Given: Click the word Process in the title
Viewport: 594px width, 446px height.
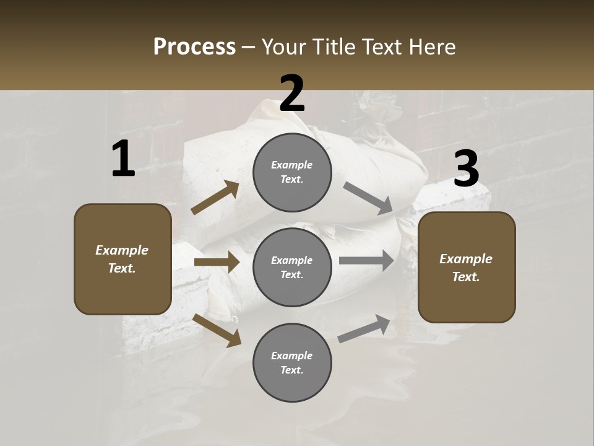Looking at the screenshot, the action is click(x=194, y=47).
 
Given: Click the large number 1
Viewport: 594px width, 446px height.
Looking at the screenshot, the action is click(x=123, y=160).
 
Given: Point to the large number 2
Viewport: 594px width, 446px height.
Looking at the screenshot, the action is click(x=292, y=94).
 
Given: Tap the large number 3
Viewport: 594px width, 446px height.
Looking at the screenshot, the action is click(x=466, y=169).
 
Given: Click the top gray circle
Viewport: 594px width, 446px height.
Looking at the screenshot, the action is click(x=292, y=172).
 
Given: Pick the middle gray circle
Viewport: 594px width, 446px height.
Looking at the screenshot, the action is click(x=292, y=267).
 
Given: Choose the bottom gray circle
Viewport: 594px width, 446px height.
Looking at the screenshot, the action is click(x=292, y=362).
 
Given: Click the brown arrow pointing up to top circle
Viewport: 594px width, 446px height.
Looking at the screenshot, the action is click(x=215, y=198).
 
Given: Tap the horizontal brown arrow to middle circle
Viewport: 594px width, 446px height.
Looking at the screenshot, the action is click(x=217, y=262).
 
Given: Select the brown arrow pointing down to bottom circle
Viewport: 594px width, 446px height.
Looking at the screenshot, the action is click(x=217, y=330).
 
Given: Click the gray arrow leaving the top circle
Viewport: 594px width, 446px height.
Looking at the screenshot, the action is click(x=368, y=198).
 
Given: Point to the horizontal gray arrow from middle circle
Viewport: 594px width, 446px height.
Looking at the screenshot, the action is click(x=366, y=261).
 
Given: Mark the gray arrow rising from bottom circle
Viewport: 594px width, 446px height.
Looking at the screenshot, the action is click(x=364, y=329).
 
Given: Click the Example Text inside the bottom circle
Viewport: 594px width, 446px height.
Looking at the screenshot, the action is click(x=292, y=363).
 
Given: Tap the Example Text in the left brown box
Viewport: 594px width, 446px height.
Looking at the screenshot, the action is click(x=123, y=259).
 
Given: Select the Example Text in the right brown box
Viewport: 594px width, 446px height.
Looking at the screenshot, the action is click(x=467, y=268).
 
